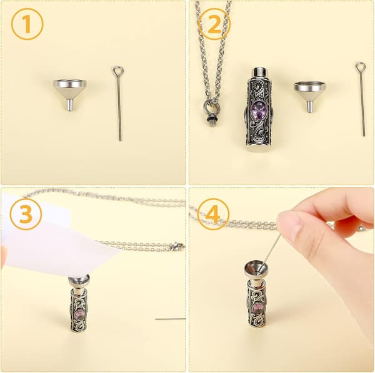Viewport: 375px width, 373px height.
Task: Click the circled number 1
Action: [x=27, y=24]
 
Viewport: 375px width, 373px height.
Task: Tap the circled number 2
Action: [x=214, y=24]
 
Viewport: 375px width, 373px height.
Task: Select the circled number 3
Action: [x=26, y=214]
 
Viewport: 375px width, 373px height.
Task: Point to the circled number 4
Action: [x=213, y=214]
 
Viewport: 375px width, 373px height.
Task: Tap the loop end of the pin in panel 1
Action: [x=118, y=70]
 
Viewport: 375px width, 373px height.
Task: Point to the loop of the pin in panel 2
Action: [x=361, y=67]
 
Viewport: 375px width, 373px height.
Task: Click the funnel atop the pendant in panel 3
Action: [x=79, y=283]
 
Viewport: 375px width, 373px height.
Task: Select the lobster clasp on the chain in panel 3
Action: [x=177, y=246]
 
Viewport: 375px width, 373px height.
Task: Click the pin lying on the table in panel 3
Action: [x=170, y=319]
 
